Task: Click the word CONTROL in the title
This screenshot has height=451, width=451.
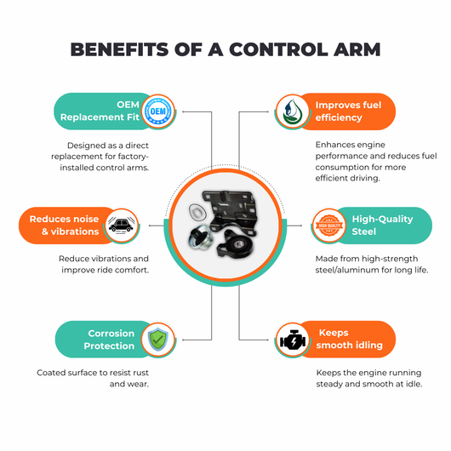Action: click(278, 49)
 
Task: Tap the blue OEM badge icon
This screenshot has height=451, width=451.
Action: click(158, 111)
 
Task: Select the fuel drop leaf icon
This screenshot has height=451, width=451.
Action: click(292, 111)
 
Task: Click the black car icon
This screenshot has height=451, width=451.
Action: click(122, 225)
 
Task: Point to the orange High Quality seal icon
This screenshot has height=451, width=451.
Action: click(329, 225)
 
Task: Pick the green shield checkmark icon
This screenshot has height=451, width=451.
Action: click(158, 340)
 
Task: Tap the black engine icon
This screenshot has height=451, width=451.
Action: click(293, 340)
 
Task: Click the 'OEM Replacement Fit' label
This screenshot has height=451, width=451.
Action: click(100, 111)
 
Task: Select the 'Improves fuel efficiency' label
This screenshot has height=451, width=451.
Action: click(348, 111)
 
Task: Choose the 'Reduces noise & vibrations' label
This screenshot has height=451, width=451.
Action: click(64, 225)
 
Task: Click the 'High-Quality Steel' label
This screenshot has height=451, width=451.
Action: click(383, 225)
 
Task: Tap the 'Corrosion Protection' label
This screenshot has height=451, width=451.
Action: click(109, 340)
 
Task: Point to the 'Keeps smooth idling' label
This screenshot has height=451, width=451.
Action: click(350, 340)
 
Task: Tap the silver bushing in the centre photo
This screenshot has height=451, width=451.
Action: click(201, 236)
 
